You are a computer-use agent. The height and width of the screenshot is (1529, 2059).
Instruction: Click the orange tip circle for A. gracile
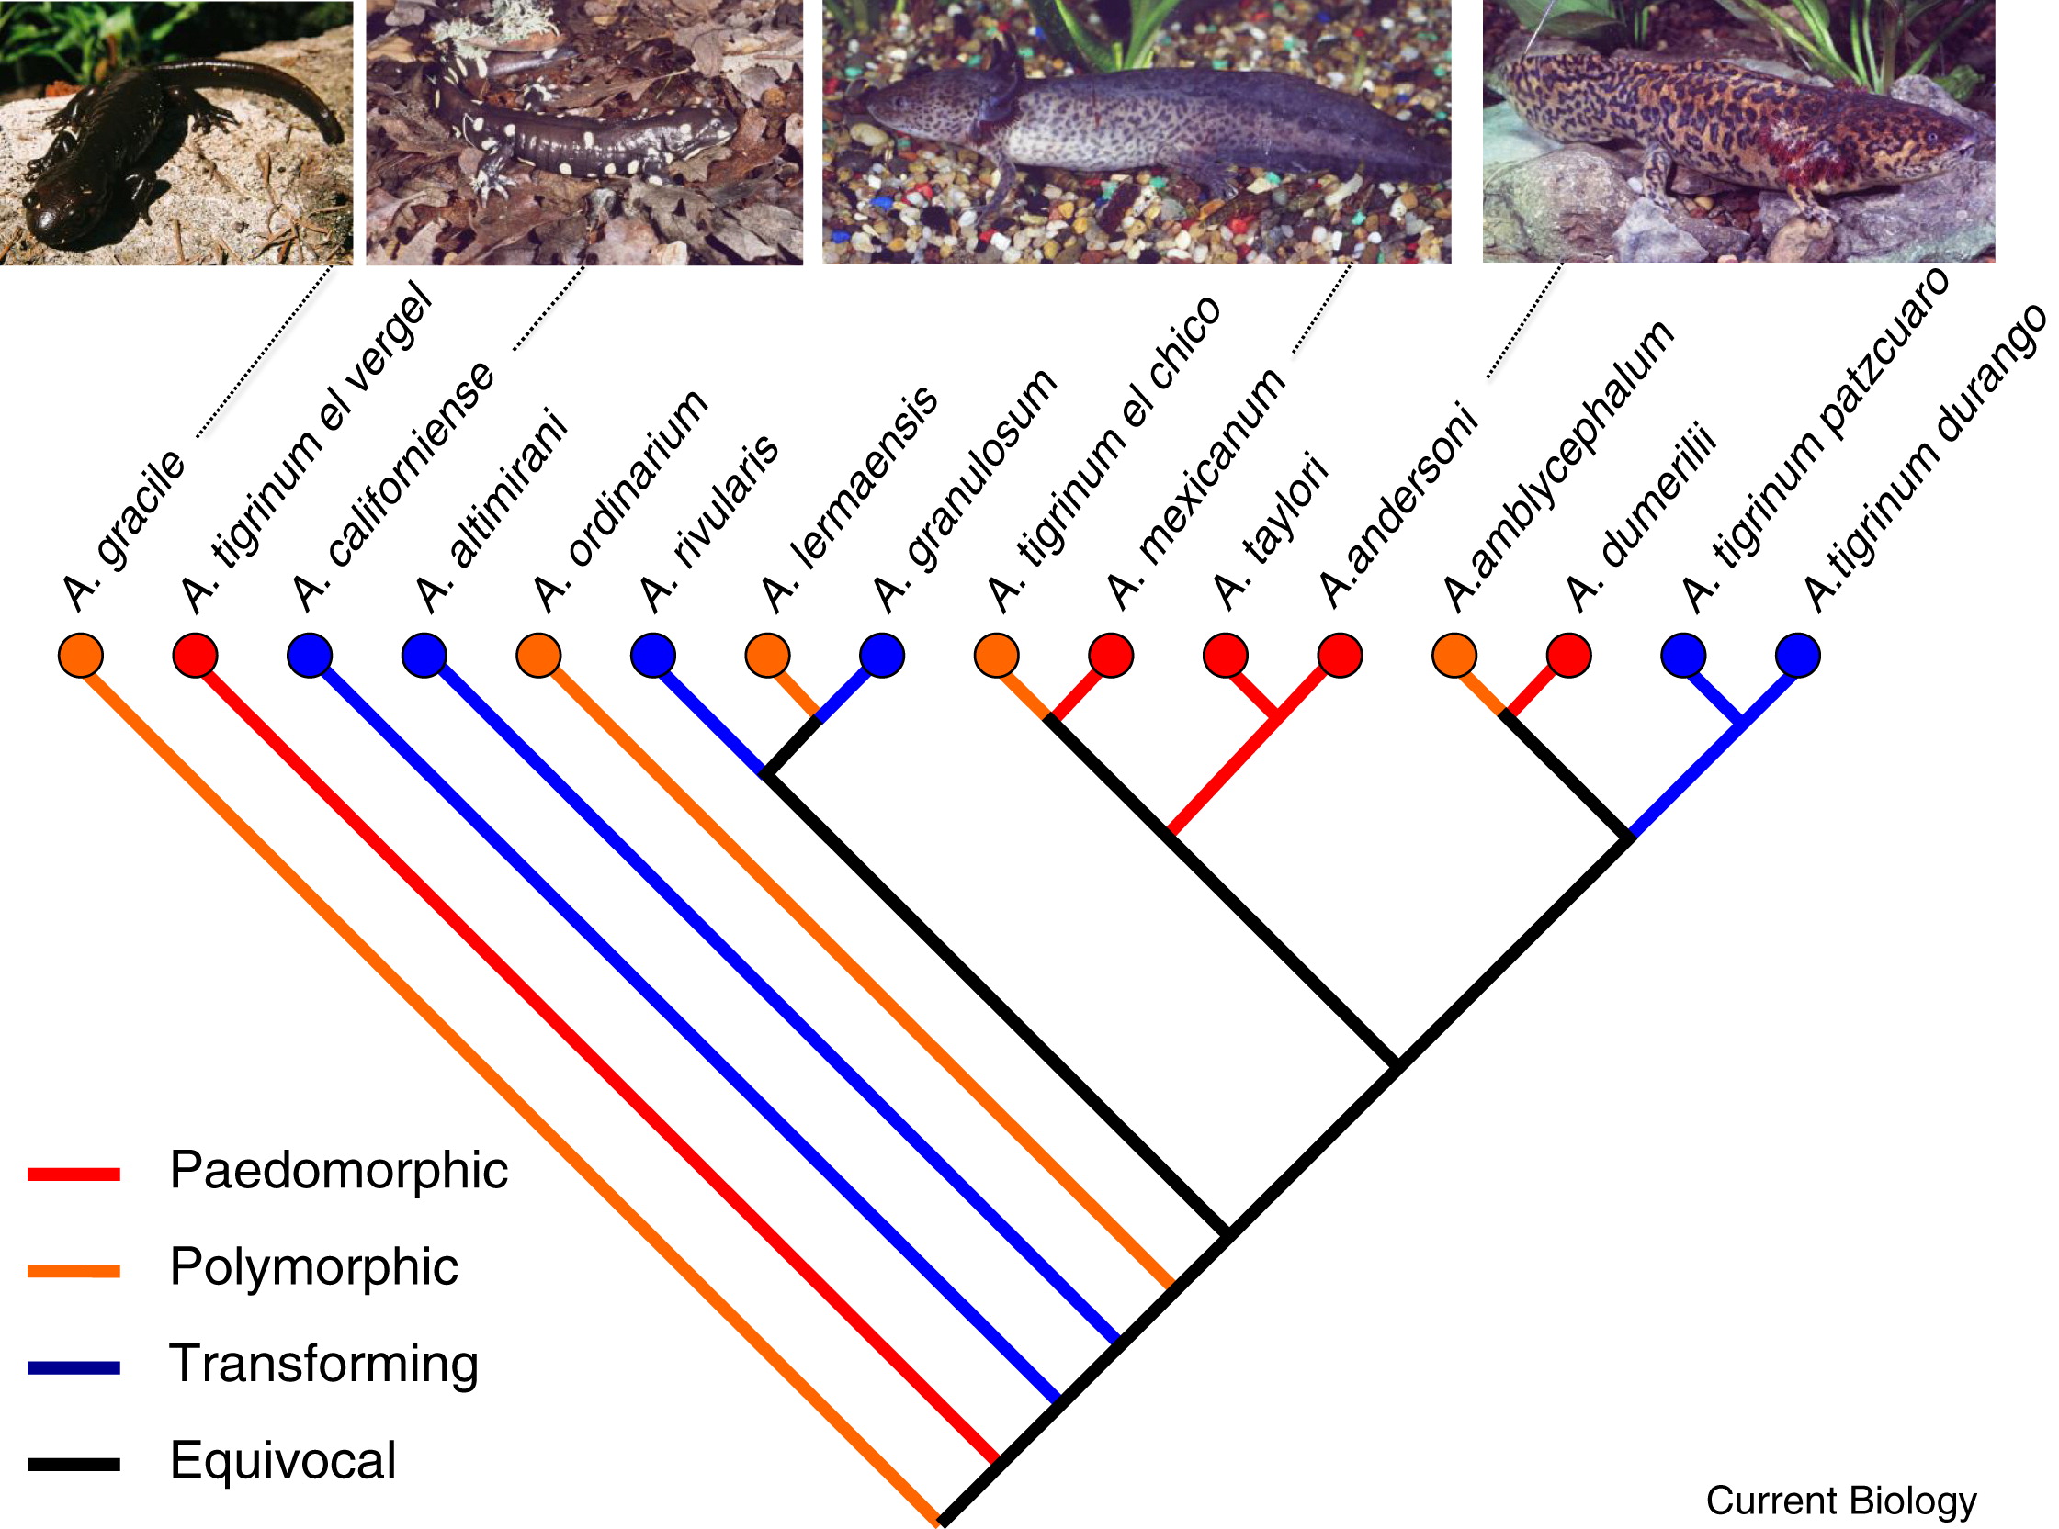click(81, 656)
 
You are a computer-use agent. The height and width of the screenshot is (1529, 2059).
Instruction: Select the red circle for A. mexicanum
click(1110, 656)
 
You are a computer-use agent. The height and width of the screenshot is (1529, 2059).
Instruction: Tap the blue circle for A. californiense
click(310, 656)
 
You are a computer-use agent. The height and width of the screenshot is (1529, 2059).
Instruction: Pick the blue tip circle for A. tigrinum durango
click(1798, 656)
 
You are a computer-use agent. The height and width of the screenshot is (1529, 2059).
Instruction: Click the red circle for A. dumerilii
click(1568, 656)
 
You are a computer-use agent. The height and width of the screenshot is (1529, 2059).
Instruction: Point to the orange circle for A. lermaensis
click(767, 656)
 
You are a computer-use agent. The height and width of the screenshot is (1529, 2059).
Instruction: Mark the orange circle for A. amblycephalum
click(1454, 656)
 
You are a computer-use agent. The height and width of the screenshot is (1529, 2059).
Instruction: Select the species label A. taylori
click(1270, 533)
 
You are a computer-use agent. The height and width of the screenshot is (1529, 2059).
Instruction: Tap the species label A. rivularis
click(709, 523)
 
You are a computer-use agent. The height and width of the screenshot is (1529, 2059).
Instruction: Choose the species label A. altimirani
click(491, 511)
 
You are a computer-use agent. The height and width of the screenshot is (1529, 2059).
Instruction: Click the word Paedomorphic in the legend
click(339, 1171)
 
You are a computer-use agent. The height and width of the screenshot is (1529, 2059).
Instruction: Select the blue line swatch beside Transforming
click(74, 1368)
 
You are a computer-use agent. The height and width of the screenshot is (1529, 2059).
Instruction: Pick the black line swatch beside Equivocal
click(74, 1464)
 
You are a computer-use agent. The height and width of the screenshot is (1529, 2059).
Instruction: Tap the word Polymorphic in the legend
click(314, 1267)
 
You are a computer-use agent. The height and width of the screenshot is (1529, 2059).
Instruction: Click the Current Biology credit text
click(1841, 1501)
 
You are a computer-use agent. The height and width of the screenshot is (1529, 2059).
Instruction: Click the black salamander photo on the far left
click(175, 133)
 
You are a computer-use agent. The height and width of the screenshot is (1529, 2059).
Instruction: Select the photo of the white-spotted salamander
click(584, 133)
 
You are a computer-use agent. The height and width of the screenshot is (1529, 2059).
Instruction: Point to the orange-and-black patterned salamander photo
click(1738, 131)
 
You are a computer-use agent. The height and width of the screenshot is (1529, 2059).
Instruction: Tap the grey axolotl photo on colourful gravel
click(1136, 131)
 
